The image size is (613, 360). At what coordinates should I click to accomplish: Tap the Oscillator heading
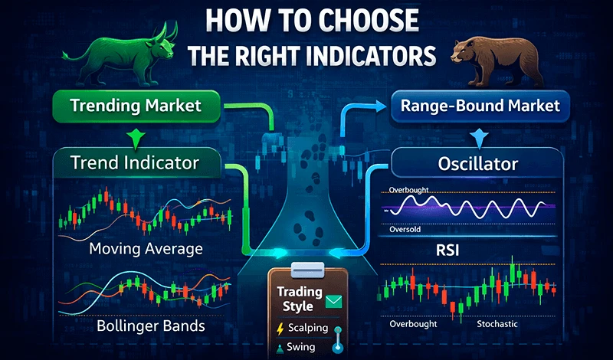click(477, 164)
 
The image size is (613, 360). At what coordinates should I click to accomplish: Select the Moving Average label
click(146, 248)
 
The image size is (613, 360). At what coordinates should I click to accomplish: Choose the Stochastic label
click(497, 324)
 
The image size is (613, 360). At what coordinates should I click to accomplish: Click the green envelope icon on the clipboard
click(333, 303)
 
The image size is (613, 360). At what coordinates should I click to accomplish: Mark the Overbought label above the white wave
click(409, 189)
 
